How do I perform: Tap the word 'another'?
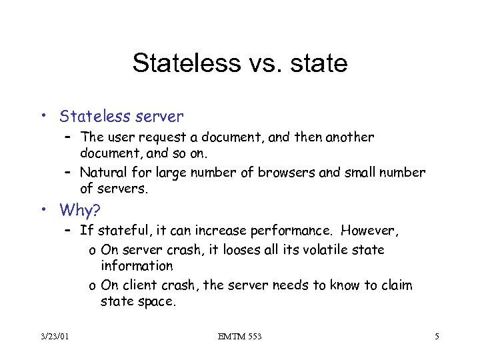pyautogui.click(x=348, y=138)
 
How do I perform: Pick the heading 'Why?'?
pyautogui.click(x=80, y=211)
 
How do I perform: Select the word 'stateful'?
pyautogui.click(x=121, y=232)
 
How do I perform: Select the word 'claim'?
pyautogui.click(x=395, y=285)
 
